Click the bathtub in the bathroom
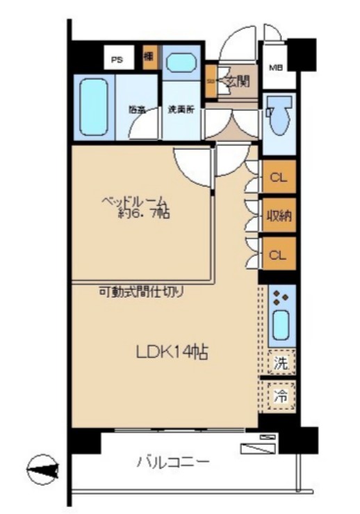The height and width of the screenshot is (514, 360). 93,106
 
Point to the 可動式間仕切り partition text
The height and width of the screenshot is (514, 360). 140,293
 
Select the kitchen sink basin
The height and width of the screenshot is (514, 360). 281,325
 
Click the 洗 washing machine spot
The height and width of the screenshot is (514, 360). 281,362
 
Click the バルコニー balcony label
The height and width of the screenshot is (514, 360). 173,461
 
